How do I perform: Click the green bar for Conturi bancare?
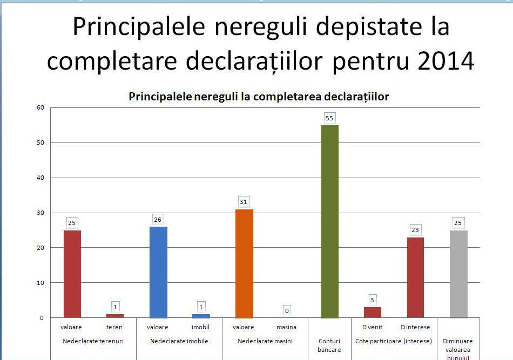tap(330, 221)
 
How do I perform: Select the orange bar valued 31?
tap(244, 263)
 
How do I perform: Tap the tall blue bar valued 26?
tap(158, 272)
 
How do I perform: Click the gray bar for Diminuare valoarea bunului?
tap(458, 274)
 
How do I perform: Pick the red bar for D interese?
tap(415, 277)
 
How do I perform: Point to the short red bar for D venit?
tap(373, 312)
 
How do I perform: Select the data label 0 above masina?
tap(287, 310)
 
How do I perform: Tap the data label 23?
tap(415, 229)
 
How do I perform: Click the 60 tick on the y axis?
tap(40, 107)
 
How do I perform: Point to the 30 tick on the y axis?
tap(40, 213)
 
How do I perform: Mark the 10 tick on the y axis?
tap(40, 283)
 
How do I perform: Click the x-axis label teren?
tap(114, 327)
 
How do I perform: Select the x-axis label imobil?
tap(200, 327)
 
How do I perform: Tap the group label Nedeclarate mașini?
tap(265, 341)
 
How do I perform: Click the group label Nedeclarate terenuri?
tap(93, 341)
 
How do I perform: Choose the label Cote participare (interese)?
tap(394, 341)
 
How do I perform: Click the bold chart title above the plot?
tap(259, 97)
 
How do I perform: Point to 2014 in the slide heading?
tap(446, 61)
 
